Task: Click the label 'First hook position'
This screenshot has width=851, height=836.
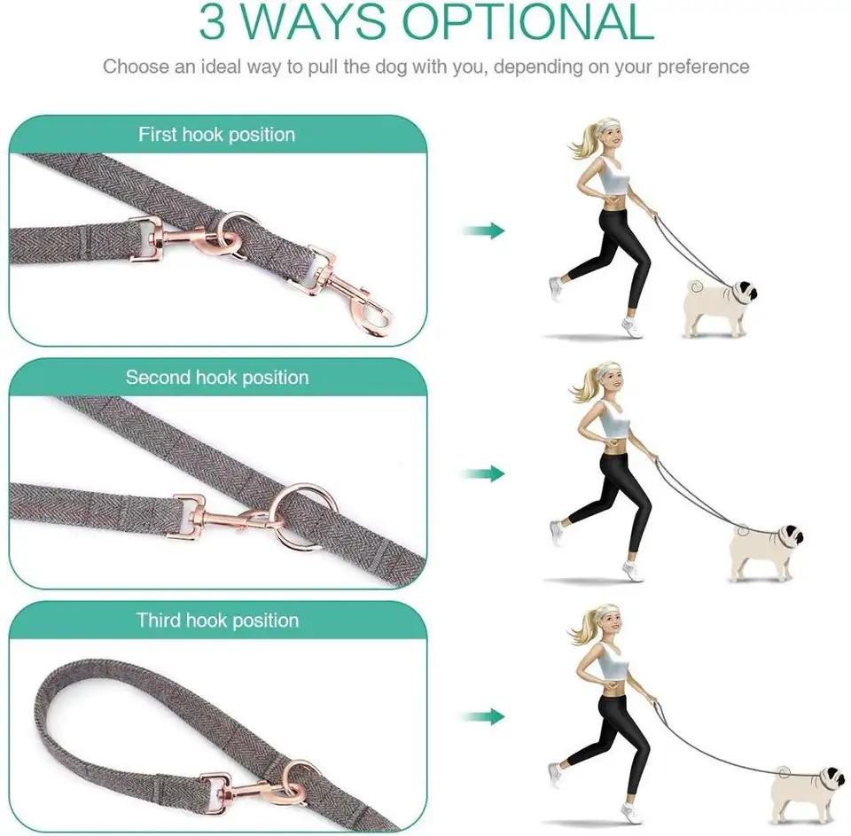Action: (216, 135)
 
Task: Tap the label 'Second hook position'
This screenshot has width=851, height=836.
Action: (216, 378)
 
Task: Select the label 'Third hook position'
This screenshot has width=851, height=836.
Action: (217, 621)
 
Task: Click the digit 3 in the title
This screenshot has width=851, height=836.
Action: (215, 23)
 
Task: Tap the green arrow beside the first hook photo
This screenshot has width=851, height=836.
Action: (483, 231)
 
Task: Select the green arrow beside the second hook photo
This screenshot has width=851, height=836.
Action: (483, 473)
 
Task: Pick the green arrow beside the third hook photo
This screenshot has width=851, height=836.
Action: (483, 716)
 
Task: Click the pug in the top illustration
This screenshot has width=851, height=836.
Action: (720, 306)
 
